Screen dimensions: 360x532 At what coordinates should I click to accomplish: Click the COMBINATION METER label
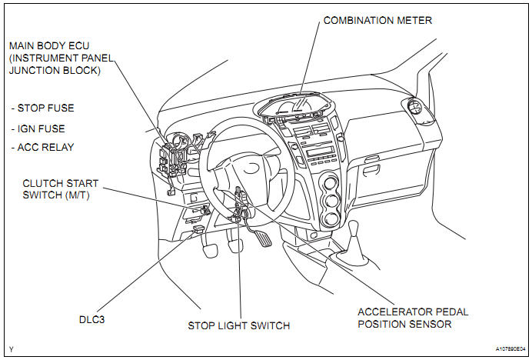[x=377, y=19]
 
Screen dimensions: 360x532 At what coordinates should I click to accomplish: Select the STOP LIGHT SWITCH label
[x=239, y=326]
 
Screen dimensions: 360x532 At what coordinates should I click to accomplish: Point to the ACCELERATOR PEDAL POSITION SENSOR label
[x=413, y=318]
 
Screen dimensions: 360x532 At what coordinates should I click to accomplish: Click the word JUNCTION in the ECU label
[x=30, y=70]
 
